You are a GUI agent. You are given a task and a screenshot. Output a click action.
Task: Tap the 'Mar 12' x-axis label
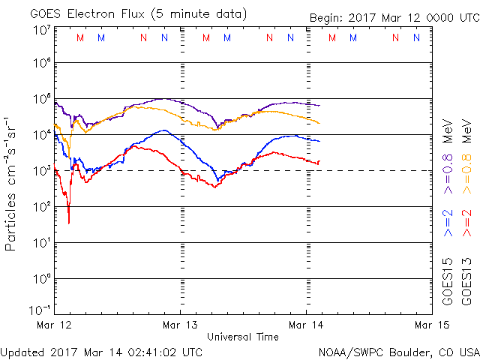tap(55, 325)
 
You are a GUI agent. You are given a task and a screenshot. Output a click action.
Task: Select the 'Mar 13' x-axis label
tap(181, 325)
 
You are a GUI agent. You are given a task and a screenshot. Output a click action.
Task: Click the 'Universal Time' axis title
tap(243, 337)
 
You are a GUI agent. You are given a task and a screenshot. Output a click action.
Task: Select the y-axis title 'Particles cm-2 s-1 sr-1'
tap(12, 184)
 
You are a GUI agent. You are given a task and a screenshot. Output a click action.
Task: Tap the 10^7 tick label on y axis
tap(41, 30)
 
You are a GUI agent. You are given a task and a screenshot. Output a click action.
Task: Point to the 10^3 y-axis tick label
tap(41, 170)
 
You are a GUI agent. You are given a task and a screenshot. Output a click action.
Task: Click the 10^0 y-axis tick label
tap(41, 278)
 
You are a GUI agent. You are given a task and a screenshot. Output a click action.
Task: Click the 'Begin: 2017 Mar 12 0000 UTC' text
tap(394, 18)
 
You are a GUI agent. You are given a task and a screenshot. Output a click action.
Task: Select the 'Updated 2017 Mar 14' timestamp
tap(101, 351)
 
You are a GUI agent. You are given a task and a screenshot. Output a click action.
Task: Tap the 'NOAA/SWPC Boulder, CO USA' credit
tap(398, 351)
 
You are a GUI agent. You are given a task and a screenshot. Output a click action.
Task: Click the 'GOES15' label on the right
tap(448, 282)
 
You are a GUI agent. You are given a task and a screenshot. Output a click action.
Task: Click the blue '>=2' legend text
tap(448, 223)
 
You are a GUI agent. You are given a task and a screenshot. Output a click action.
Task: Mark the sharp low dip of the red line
tap(69, 222)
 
